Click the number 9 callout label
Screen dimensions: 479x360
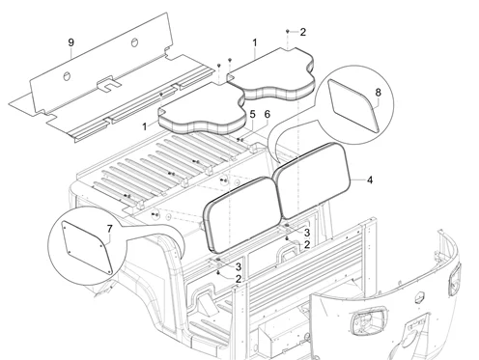tap(71, 42)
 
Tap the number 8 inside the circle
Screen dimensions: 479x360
tap(378, 93)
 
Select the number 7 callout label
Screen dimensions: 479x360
tap(110, 229)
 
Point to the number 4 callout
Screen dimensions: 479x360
tap(370, 180)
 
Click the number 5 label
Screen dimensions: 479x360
tap(252, 114)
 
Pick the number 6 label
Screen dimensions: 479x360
tap(268, 114)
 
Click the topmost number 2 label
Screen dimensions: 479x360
tap(302, 32)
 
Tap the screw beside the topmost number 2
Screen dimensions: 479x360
tap(288, 32)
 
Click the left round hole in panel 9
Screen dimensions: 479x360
tap(67, 76)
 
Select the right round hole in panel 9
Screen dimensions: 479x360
tap(134, 42)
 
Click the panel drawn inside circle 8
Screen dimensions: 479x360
tap(353, 106)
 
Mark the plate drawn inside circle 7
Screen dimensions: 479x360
tap(87, 247)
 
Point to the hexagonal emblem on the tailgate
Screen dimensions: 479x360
tap(419, 297)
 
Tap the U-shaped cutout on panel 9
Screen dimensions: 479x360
tap(108, 84)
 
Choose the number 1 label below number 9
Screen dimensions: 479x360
tap(145, 126)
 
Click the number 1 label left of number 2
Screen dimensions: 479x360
tap(255, 42)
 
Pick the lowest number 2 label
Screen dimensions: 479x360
tap(238, 279)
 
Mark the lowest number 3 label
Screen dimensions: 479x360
tap(239, 266)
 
